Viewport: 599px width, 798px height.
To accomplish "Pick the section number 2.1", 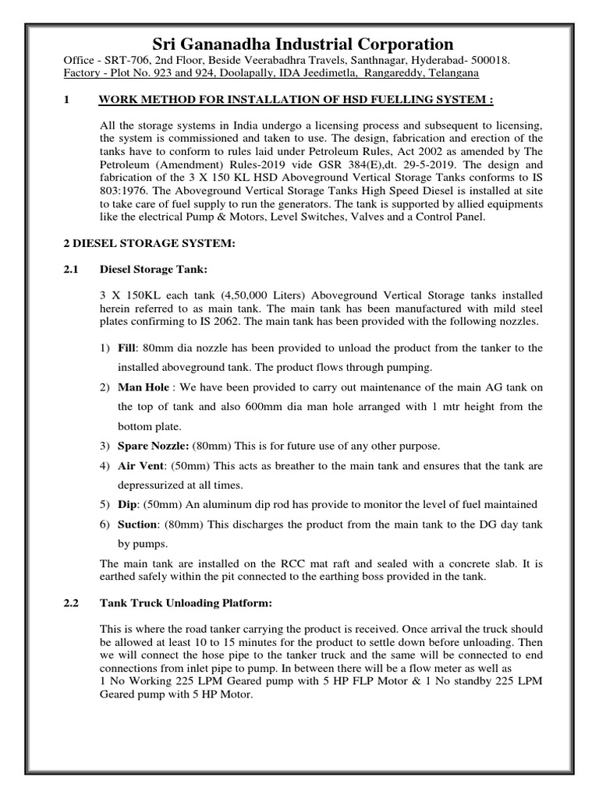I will click(71, 270).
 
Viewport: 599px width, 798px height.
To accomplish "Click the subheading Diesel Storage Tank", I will click(154, 270).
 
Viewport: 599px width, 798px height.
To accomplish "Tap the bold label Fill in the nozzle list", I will click(127, 348).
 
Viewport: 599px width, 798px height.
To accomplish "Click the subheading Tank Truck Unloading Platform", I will click(192, 603).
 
